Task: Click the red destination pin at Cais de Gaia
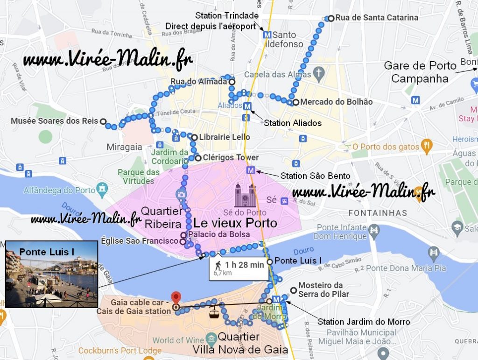(176, 297)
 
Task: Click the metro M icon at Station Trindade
(267, 35)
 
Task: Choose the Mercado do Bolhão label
(336, 102)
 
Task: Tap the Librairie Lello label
(225, 137)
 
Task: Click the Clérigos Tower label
(231, 157)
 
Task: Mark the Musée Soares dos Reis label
(54, 121)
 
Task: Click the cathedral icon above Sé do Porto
(246, 196)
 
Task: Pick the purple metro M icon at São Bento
(252, 170)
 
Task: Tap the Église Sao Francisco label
(140, 241)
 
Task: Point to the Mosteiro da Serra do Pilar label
(320, 289)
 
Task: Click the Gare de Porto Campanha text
(420, 72)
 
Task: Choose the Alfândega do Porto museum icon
(102, 190)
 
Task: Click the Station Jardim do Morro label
(364, 322)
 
